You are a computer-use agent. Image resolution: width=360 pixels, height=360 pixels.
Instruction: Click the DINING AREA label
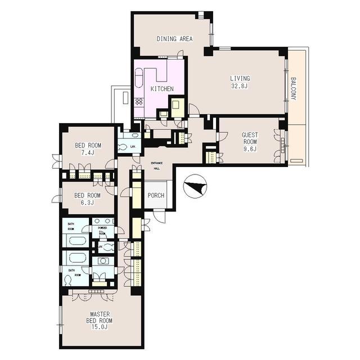coord(174,39)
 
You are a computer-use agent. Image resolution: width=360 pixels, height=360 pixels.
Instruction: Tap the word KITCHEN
coord(162,89)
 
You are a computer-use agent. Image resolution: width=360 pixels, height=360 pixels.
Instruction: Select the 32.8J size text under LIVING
coord(240,87)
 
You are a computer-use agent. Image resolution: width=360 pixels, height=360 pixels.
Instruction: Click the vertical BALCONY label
coord(294,89)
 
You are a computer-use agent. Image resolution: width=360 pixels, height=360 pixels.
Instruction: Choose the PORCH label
coord(155,196)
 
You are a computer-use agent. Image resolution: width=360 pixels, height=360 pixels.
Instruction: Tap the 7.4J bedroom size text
coord(88,152)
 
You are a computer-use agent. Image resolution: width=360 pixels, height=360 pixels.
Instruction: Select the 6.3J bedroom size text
coord(88,203)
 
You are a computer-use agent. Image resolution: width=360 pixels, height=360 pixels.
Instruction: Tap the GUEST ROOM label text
coord(250,138)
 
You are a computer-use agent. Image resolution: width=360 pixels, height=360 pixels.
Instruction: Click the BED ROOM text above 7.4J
coord(88,145)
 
